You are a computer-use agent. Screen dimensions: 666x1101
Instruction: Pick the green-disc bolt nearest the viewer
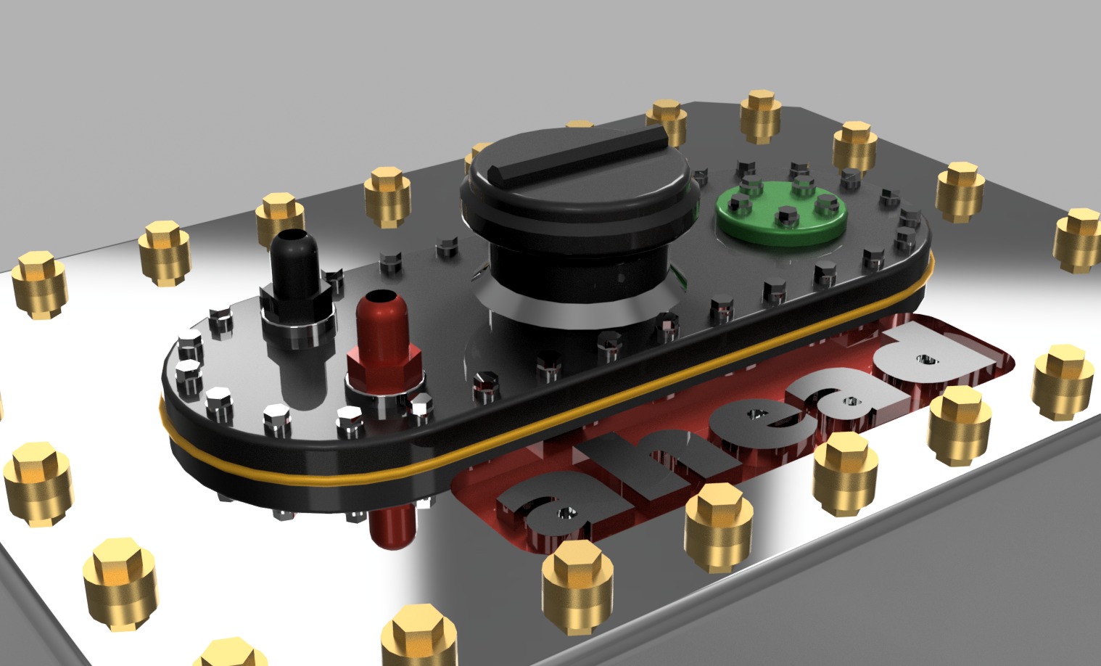pos(785,215)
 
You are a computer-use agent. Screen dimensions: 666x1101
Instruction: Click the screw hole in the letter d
pos(926,358)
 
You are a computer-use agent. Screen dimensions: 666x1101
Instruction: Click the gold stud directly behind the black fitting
pos(279,214)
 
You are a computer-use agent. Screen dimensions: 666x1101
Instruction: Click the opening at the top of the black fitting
pos(297,237)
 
